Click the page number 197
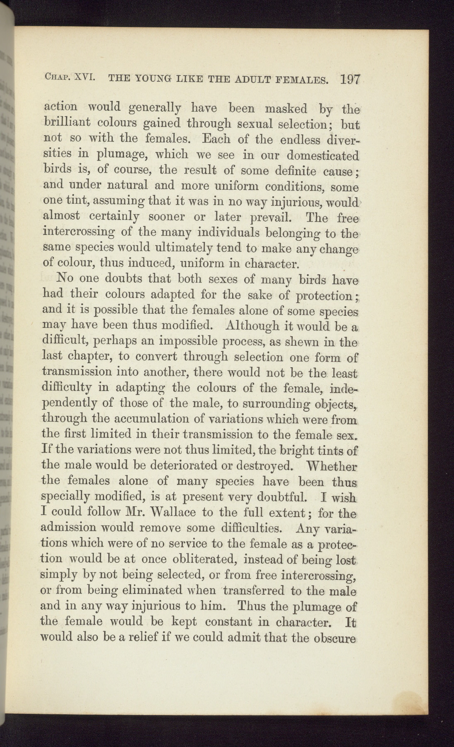point(350,80)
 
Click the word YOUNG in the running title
point(150,78)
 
